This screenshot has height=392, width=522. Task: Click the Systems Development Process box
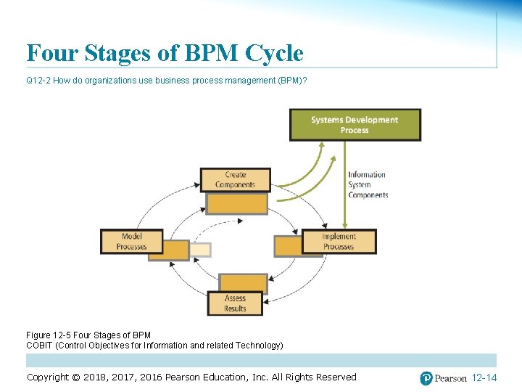coord(355,125)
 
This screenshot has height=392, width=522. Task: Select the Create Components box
coord(235,180)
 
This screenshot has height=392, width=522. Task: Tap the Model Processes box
coord(131,242)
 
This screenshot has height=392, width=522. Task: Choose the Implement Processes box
coord(339,242)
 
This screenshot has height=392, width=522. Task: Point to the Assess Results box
coord(235,303)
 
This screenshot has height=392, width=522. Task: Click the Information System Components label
coord(368,184)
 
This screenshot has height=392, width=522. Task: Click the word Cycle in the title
coord(274,53)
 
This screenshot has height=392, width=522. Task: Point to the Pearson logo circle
coord(426,378)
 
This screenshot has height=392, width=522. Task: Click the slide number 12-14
coord(484,378)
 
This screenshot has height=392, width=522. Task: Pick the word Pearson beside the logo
coord(450,378)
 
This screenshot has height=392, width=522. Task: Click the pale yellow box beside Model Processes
coord(201,250)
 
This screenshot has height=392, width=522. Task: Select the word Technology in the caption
coord(258,346)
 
